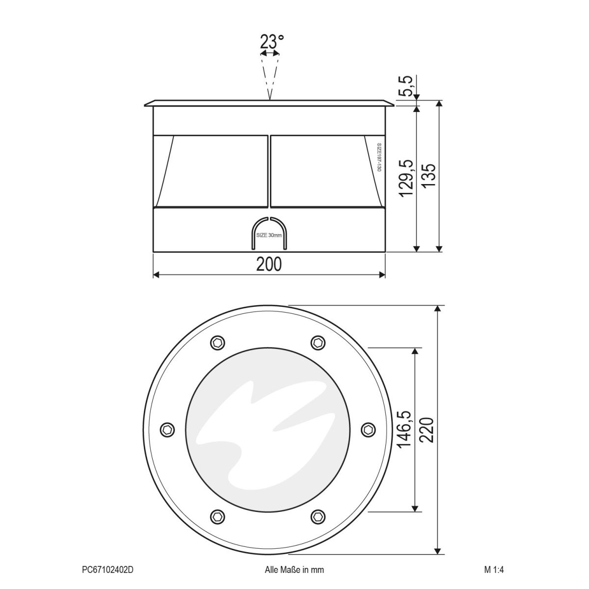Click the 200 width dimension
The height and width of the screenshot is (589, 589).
pyautogui.click(x=269, y=265)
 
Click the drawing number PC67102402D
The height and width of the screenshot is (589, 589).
pyautogui.click(x=107, y=570)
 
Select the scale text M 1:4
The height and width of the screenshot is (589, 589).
pyautogui.click(x=494, y=570)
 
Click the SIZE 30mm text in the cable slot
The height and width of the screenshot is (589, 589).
pyautogui.click(x=269, y=236)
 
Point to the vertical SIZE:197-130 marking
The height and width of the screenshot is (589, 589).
pyautogui.click(x=379, y=157)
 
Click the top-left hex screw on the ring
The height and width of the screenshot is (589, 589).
pyautogui.click(x=217, y=342)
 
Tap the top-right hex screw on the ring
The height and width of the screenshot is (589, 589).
pyautogui.click(x=318, y=342)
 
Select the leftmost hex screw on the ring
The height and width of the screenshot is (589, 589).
pyautogui.click(x=167, y=429)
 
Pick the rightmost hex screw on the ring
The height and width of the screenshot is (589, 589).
pyautogui.click(x=368, y=429)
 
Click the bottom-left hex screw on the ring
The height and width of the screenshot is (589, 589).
pyautogui.click(x=217, y=516)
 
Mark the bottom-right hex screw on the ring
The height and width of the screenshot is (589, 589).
pyautogui.click(x=318, y=516)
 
